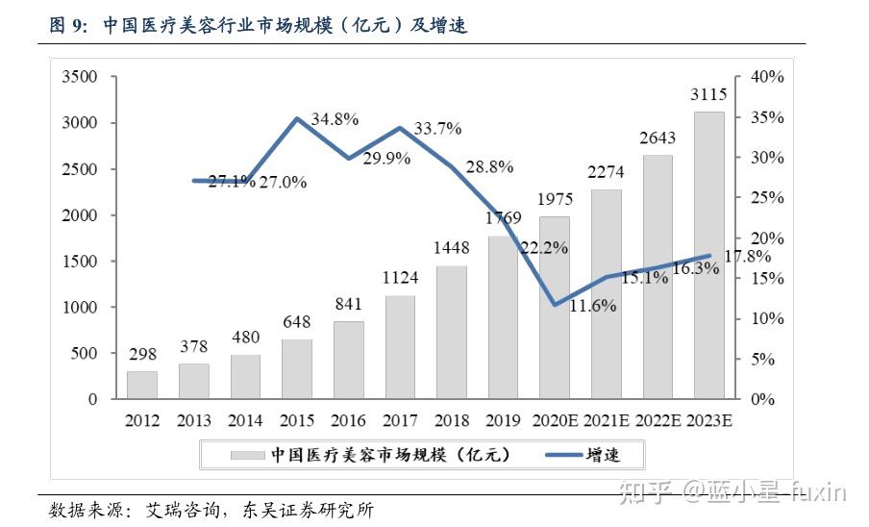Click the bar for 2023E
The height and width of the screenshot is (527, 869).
[x=709, y=255]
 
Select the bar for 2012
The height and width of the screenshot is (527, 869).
[x=142, y=385]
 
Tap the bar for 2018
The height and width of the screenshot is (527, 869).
[x=452, y=332]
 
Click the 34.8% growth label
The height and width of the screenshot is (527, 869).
[x=335, y=119]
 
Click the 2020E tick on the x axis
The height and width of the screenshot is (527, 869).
[x=555, y=421]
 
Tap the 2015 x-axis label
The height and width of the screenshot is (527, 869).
[x=297, y=421]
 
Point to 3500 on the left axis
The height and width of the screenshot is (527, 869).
[x=79, y=77]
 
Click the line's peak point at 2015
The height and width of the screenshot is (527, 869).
[x=297, y=119]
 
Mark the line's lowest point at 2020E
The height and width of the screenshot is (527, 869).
[x=555, y=305]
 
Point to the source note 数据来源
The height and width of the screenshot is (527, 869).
[x=211, y=510]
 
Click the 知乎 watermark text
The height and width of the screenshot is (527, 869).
[x=645, y=492]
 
